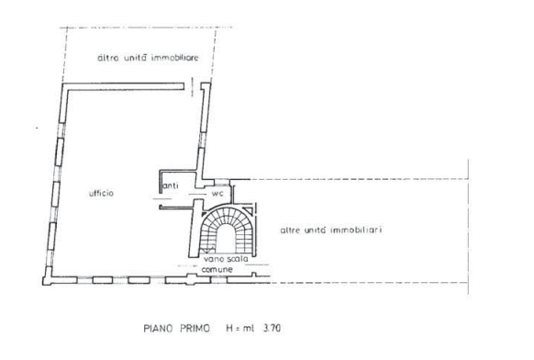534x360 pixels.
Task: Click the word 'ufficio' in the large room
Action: (101, 193)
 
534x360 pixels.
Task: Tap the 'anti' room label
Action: (171, 186)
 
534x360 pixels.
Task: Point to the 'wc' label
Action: (217, 194)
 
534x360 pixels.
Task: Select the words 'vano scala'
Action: (226, 259)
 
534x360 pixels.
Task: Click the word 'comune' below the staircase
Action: (217, 269)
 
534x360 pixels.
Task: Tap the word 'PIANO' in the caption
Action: (157, 328)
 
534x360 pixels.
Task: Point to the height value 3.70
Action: (273, 328)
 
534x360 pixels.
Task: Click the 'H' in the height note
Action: (229, 328)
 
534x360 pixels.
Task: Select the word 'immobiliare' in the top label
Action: (174, 58)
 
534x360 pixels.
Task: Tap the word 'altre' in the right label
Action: (290, 231)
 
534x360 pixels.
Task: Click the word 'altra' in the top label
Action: (108, 58)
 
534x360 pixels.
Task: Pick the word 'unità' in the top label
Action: (135, 58)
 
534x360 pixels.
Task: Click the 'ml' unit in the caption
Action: (249, 329)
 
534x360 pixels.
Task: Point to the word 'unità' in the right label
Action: (316, 231)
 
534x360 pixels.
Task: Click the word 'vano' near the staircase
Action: (214, 259)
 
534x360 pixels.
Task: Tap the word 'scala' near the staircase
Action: (237, 259)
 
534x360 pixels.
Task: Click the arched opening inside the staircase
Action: (225, 239)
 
